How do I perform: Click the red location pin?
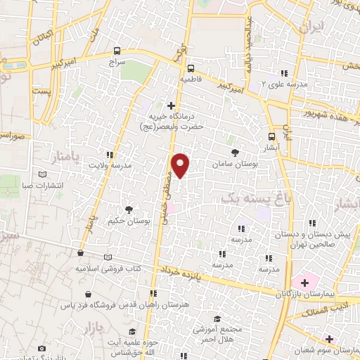pyautogui.click(x=181, y=164)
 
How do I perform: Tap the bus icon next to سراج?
pyautogui.click(x=117, y=51)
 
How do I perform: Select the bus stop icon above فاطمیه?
pyautogui.click(x=191, y=68)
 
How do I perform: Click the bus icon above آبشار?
pyautogui.click(x=272, y=137)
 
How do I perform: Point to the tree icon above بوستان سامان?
pyautogui.click(x=234, y=152)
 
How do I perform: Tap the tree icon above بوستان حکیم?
pyautogui.click(x=128, y=209)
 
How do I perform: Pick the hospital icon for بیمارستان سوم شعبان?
pyautogui.click(x=329, y=339)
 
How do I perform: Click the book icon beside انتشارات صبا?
pyautogui.click(x=44, y=174)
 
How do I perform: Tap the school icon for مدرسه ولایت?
pyautogui.click(x=109, y=154)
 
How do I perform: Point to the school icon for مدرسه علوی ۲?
pyautogui.click(x=284, y=73)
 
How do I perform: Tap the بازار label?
pyautogui.click(x=91, y=328)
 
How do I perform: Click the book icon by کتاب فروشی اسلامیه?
pyautogui.click(x=108, y=257)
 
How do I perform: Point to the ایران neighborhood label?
pyautogui.click(x=310, y=28)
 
